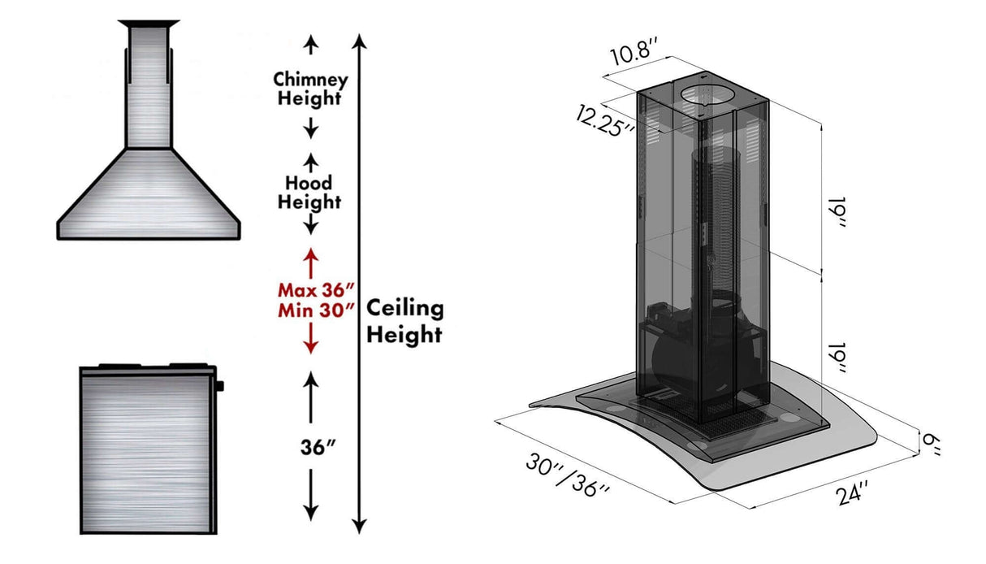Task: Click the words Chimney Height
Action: [310, 89]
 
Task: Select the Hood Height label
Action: [309, 193]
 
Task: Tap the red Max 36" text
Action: [316, 289]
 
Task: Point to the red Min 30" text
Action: [316, 309]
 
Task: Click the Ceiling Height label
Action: [404, 321]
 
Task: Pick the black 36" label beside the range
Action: [318, 448]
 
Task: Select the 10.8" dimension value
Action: [634, 58]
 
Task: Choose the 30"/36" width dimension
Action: [568, 476]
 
